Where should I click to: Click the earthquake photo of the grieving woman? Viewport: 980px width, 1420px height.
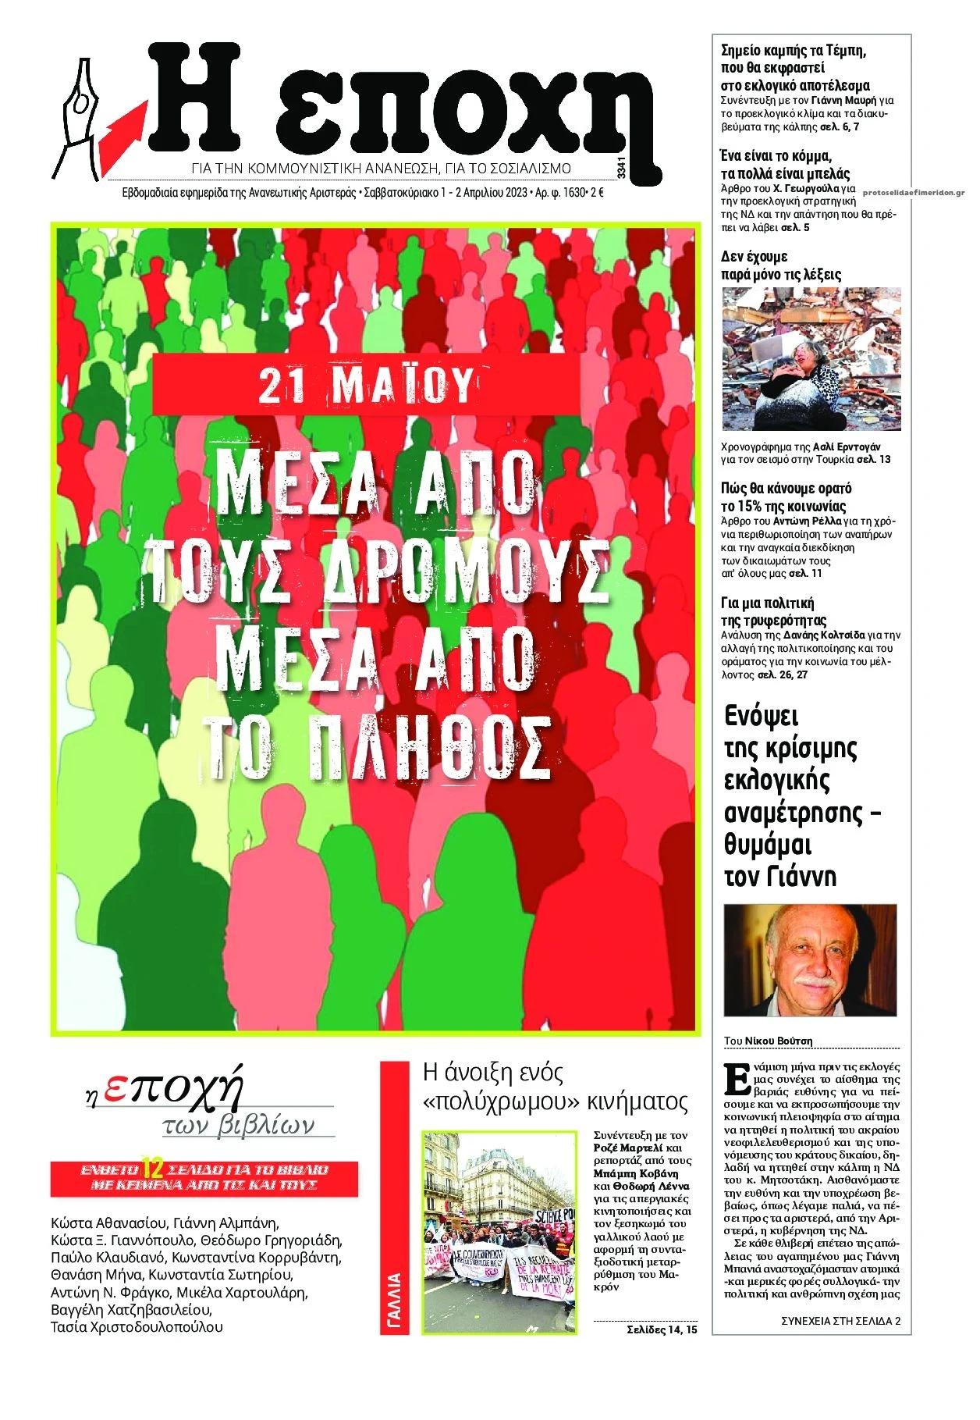(811, 359)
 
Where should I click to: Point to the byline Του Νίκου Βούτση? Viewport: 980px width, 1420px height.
(768, 1041)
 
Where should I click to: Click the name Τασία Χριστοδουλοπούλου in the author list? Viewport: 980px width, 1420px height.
(137, 1327)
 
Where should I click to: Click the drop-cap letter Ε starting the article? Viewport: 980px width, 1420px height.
(737, 1080)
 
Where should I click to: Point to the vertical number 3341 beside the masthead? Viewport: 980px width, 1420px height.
(621, 168)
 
